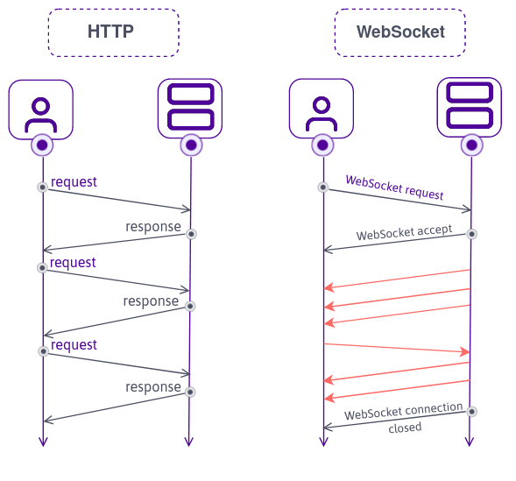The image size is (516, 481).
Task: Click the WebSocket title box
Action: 399,32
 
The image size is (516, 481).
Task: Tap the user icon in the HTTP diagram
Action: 40,110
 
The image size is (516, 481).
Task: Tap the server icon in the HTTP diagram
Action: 190,109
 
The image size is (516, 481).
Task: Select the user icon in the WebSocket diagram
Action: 322,110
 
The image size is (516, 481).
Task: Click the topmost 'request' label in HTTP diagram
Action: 74,182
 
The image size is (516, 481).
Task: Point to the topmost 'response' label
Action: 152,227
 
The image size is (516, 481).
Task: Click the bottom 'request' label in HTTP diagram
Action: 74,345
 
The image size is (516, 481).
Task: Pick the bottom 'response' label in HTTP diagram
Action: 152,387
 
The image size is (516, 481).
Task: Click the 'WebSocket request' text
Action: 394,187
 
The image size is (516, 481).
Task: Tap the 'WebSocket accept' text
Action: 404,233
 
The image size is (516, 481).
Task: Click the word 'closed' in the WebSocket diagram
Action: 405,428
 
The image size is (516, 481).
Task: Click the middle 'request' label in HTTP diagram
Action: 74,263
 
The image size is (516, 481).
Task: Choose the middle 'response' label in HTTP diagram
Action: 151,301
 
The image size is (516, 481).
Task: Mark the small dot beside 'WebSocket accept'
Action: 471,234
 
